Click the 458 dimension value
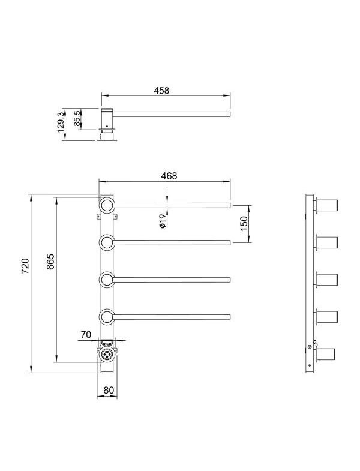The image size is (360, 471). [x=161, y=91]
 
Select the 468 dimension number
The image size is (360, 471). [x=169, y=176]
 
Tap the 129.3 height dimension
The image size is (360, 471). [x=61, y=122]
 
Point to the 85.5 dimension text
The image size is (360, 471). [x=77, y=118]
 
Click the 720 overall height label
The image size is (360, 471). [x=25, y=266]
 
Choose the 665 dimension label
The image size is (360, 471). [x=50, y=262]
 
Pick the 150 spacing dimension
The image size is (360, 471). [x=244, y=223]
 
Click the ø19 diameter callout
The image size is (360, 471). [x=163, y=221]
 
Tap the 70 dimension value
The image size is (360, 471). [x=86, y=334]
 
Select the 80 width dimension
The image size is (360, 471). [x=109, y=390]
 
